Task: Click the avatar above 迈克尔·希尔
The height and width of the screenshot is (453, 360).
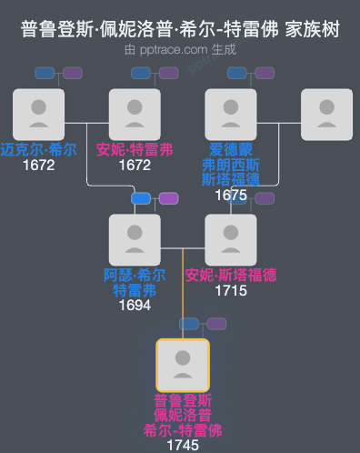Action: [x=38, y=114]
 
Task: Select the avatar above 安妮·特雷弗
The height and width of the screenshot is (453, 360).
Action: [x=135, y=114]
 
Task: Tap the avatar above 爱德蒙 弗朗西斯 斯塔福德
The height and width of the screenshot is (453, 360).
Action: [x=231, y=114]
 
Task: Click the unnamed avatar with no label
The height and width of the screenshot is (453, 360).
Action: [x=326, y=114]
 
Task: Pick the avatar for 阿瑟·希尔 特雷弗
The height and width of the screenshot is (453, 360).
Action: [x=135, y=239]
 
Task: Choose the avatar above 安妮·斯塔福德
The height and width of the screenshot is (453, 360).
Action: [x=231, y=239]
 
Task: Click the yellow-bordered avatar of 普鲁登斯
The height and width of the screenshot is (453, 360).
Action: [x=183, y=365]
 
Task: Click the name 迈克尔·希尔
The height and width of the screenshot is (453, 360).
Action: [x=38, y=150]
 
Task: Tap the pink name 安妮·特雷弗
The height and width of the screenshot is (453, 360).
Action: [x=135, y=150]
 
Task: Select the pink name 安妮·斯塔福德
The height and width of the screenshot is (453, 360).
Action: [x=231, y=275]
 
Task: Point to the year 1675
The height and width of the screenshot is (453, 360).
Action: [x=231, y=195]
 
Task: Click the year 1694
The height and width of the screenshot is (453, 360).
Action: [x=135, y=306]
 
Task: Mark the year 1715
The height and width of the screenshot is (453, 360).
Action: [x=231, y=291]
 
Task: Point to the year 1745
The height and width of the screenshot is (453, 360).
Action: [x=183, y=446]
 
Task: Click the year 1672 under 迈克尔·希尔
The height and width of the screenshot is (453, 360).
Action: [x=38, y=166]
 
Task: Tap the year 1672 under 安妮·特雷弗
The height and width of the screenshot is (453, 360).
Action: [x=135, y=166]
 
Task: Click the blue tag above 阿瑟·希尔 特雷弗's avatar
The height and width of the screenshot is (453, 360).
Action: [x=141, y=198]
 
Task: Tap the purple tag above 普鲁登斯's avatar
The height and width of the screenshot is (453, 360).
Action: [x=216, y=324]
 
